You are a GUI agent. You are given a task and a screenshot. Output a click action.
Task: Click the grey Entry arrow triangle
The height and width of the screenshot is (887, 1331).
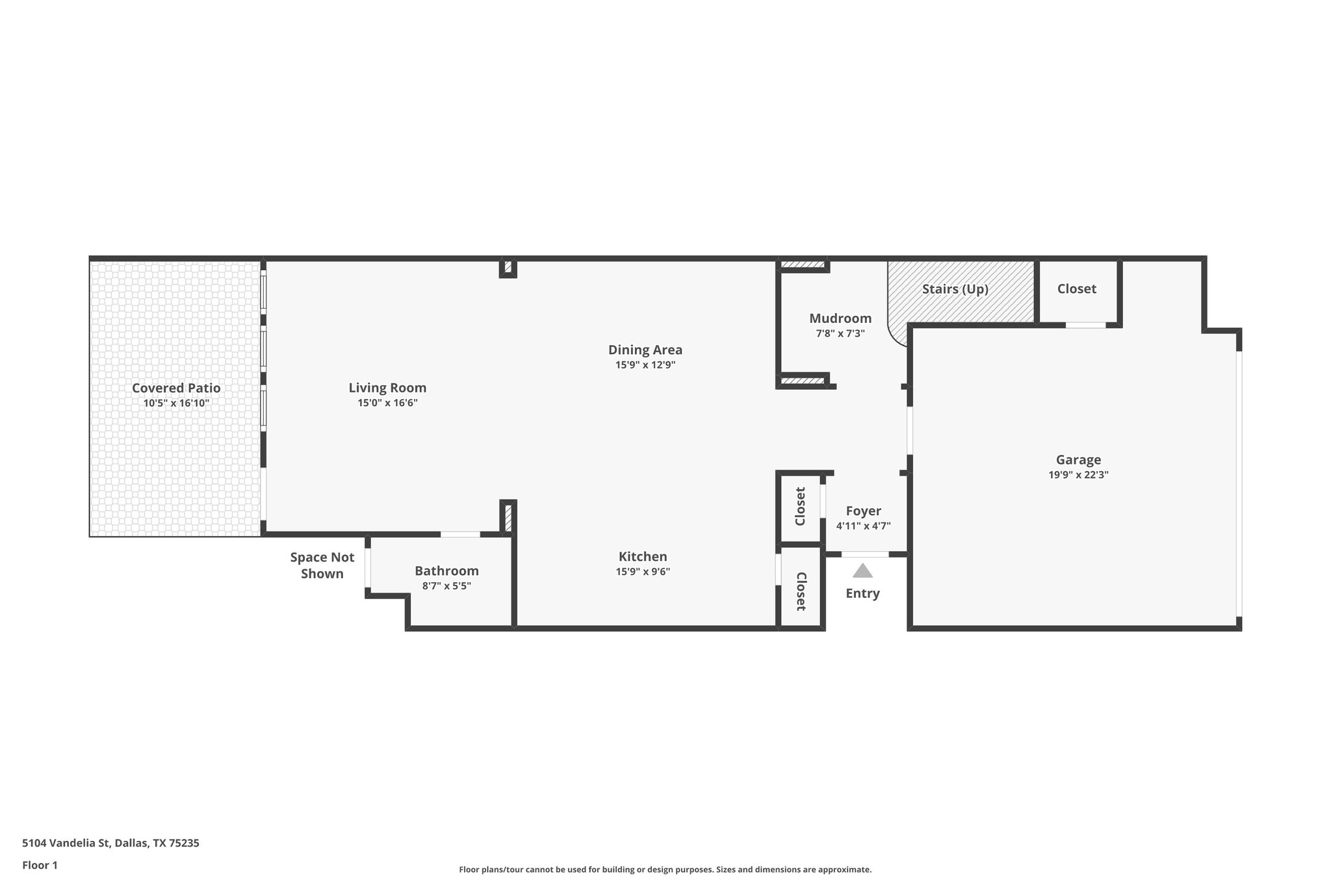(862, 571)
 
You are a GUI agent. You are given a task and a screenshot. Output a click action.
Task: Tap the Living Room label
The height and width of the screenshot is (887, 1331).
(387, 388)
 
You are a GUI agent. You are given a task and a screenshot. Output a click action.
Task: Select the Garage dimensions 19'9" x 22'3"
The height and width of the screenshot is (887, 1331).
(1078, 475)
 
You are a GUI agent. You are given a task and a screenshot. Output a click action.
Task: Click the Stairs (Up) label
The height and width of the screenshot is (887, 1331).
(955, 289)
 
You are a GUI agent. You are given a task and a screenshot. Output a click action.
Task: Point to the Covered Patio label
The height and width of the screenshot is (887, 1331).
(176, 388)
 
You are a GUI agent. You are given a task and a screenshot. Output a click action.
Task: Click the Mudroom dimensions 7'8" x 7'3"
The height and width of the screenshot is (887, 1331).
(840, 333)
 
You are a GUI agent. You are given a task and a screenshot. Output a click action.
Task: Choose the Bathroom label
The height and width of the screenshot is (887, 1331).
(446, 571)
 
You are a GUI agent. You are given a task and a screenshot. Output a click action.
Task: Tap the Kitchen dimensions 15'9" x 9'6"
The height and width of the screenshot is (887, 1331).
(643, 572)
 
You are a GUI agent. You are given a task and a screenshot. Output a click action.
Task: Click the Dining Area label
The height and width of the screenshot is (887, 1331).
(645, 350)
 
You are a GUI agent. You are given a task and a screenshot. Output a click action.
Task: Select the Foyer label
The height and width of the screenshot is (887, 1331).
(863, 511)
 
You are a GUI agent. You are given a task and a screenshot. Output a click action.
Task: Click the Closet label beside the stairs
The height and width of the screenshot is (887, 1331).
(1076, 289)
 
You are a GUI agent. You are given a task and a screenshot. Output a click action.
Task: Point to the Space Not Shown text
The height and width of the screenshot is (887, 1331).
(322, 565)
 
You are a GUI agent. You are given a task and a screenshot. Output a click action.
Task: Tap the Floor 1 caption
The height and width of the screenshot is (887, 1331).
(40, 865)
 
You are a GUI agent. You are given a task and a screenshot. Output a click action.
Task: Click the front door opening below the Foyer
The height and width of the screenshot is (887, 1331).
(865, 554)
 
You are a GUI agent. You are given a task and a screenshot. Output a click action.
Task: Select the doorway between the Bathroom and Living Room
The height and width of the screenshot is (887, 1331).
(460, 534)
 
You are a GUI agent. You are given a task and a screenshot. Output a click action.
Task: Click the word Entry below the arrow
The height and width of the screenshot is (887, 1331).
(862, 593)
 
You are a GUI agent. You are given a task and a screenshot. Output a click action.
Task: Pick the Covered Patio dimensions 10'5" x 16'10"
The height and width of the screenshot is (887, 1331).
(176, 403)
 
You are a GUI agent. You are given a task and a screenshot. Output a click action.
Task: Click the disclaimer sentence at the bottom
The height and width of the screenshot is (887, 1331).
(665, 869)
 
